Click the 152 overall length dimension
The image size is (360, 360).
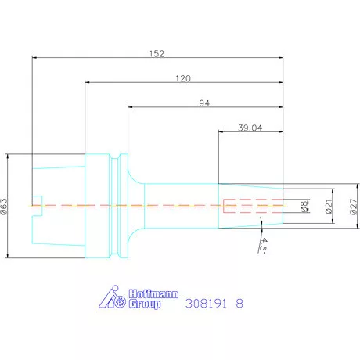(157, 54)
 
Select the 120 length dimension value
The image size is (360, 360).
(183, 78)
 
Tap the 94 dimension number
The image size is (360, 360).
(204, 103)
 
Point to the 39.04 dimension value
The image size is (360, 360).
(250, 128)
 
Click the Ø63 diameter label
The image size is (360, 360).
(5, 206)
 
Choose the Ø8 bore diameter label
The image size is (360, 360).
(304, 206)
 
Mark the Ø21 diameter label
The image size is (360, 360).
(329, 206)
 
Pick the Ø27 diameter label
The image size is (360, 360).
(353, 207)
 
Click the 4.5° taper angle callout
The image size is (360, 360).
(263, 245)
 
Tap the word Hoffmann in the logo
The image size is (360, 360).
(153, 294)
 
